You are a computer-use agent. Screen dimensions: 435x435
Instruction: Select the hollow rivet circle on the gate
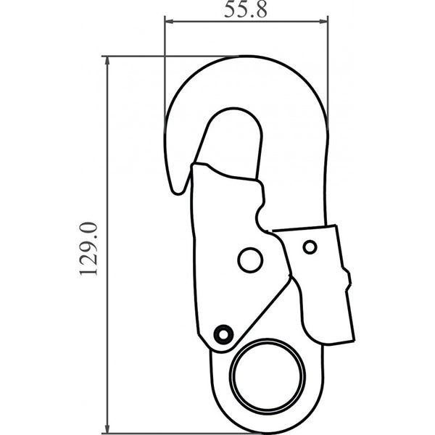[250, 260]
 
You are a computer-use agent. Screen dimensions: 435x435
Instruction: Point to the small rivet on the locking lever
[310, 248]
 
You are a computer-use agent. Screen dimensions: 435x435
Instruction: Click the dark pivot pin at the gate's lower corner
[223, 333]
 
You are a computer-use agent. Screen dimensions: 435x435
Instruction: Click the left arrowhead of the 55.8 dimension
[168, 22]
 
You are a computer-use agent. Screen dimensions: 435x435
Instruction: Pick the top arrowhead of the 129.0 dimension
[108, 59]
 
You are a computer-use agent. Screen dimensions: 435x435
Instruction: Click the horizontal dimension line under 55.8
[246, 22]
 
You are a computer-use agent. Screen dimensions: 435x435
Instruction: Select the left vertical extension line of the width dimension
[165, 72]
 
